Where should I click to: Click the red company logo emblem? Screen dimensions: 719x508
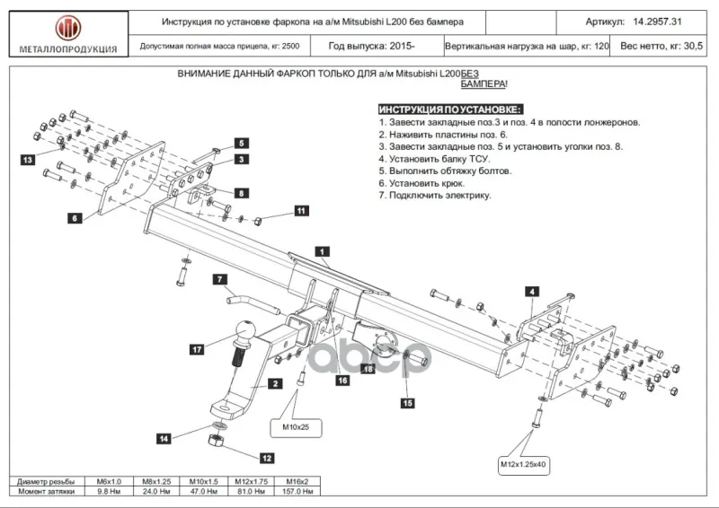coord(68,28)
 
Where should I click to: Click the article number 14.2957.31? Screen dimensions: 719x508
coord(657,22)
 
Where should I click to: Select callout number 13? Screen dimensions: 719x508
coord(28,160)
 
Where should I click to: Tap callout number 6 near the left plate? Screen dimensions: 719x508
coord(75,218)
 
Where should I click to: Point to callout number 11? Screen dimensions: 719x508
coord(301,211)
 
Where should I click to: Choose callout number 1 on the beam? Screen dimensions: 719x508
coord(322,251)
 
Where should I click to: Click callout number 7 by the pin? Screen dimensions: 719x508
coord(220,279)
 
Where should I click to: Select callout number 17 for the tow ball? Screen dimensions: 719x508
coord(197,349)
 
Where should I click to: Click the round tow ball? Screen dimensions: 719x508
coord(244,330)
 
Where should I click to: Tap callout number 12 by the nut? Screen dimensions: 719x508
coord(266,458)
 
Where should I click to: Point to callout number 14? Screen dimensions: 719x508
coord(164,439)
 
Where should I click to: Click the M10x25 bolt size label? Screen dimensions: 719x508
coord(296,427)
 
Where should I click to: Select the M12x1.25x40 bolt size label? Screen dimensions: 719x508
coord(523,465)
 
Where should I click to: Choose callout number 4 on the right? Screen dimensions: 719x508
coord(532,292)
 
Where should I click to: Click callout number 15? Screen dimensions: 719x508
coord(407,403)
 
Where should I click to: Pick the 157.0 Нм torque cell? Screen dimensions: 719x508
coord(297,492)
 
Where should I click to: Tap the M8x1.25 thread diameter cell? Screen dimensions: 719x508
coord(156,481)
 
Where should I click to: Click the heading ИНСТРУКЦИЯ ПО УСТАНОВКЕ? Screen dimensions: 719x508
coord(450,109)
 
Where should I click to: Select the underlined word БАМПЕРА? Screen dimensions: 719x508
coord(484,84)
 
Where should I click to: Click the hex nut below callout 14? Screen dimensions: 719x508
coord(216,441)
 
